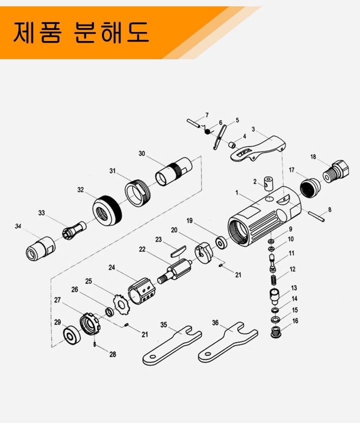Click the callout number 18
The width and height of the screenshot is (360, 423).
tap(313, 156)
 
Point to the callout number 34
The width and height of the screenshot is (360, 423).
tap(18, 226)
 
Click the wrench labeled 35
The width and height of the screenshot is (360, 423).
tap(172, 345)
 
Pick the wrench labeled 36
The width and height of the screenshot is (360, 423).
tap(227, 342)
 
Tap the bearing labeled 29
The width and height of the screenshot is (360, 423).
tap(71, 335)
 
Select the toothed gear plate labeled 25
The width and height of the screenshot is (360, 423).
tap(120, 305)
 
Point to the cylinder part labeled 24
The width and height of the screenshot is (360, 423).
tap(141, 291)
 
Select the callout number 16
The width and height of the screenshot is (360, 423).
tap(295, 321)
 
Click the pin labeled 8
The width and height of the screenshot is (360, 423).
tap(316, 216)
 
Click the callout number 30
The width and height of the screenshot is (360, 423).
tap(141, 153)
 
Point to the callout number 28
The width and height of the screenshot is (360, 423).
tap(112, 354)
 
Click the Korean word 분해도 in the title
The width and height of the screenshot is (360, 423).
tap(111, 32)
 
